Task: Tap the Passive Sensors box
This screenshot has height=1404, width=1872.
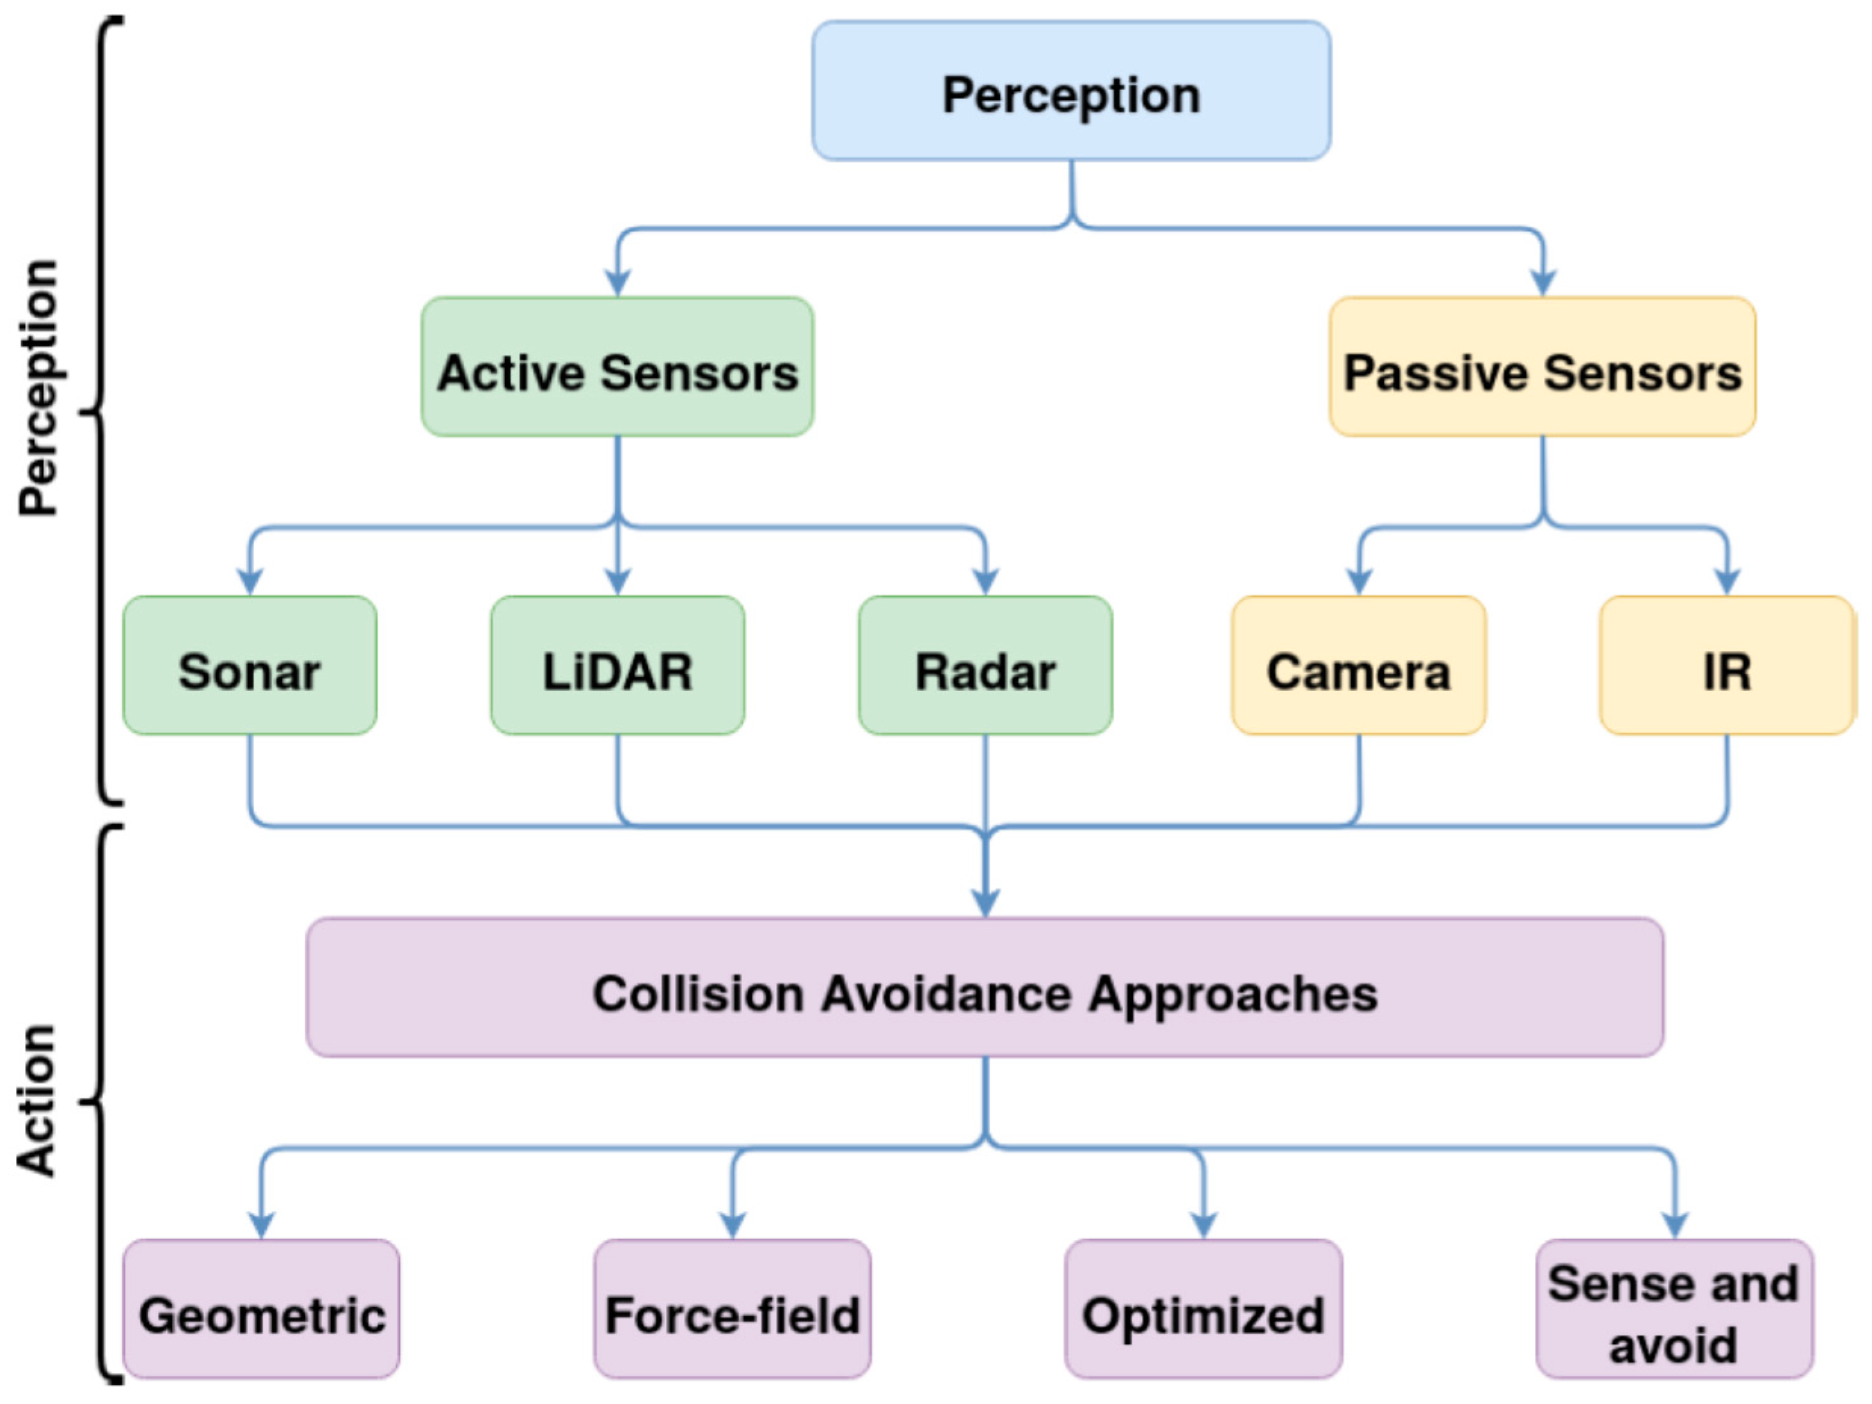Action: (1542, 367)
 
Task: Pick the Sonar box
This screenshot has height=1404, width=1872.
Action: (250, 665)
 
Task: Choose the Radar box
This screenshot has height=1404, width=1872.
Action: (985, 665)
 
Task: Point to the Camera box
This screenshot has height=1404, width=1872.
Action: (1358, 665)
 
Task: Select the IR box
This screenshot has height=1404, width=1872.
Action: (1726, 665)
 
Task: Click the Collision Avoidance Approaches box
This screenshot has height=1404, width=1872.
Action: (985, 988)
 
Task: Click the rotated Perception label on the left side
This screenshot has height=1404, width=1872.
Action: (38, 388)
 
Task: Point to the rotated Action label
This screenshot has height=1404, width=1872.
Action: (36, 1100)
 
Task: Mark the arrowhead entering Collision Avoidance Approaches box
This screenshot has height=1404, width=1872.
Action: (985, 904)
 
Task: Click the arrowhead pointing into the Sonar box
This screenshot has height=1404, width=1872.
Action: (250, 582)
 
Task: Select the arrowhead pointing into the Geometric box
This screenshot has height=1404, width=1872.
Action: (262, 1226)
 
